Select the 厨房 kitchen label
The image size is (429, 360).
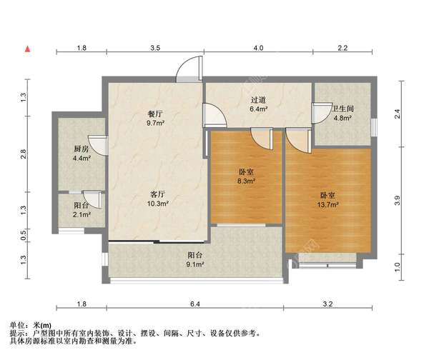point(80,149)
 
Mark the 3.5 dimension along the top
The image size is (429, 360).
point(155,48)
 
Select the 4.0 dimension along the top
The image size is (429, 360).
point(258,48)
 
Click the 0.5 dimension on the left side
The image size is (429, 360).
point(24,233)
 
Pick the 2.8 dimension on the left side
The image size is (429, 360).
point(24,153)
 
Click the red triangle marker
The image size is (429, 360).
point(28,49)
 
